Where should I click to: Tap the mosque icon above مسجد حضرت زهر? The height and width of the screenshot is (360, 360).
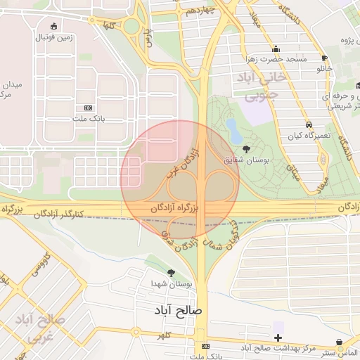[276, 49]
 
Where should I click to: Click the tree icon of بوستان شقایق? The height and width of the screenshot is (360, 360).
[245, 148]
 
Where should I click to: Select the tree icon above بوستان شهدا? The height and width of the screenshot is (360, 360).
[172, 272]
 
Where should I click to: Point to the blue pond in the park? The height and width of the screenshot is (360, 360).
[231, 127]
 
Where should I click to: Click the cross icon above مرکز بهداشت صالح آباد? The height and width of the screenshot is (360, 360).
[278, 337]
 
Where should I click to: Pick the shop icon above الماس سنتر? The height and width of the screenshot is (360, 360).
[340, 342]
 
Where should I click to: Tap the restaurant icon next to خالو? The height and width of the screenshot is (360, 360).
[323, 58]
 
